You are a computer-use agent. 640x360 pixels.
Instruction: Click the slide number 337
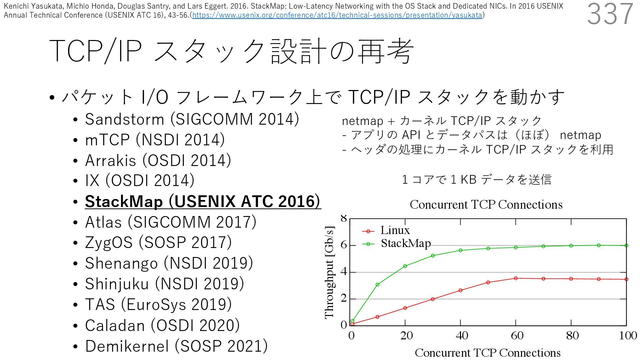[610, 14]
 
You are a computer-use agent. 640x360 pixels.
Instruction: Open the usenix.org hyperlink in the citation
[337, 15]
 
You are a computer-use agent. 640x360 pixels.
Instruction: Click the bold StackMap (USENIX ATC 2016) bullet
[203, 201]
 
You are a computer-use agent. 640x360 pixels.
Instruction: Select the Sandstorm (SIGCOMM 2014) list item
[192, 119]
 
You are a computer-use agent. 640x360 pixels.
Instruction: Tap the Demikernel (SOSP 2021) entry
[176, 346]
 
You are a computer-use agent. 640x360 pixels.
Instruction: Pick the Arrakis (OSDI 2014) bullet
[158, 160]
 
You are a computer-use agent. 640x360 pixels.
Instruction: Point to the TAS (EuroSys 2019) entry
[158, 304]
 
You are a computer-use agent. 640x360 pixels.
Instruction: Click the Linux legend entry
[395, 230]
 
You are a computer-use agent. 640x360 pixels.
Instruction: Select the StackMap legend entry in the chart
[406, 243]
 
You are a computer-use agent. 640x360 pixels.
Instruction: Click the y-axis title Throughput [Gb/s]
[329, 272]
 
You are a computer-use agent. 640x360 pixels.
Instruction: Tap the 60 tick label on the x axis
[517, 335]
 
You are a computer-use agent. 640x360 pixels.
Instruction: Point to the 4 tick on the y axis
[344, 272]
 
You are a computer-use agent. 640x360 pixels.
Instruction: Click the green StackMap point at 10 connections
[377, 285]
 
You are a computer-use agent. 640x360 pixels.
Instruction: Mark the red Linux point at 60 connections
[516, 278]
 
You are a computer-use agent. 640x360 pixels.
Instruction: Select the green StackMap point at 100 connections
[626, 245]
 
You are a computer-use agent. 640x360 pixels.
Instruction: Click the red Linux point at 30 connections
[433, 299]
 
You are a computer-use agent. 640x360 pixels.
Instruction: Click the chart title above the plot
[486, 204]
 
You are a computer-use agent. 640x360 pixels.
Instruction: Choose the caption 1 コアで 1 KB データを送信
[477, 180]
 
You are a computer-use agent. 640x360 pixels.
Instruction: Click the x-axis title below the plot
[487, 352]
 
